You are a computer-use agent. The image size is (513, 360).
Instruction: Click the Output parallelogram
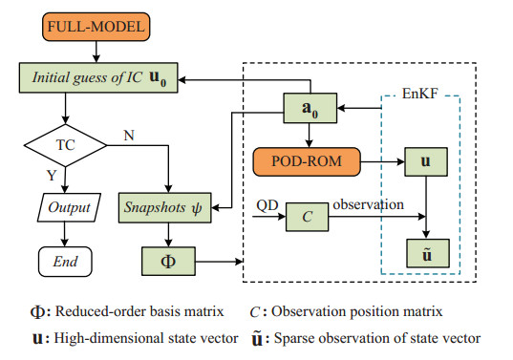(65, 205)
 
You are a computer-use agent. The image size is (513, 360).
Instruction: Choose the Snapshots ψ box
(167, 205)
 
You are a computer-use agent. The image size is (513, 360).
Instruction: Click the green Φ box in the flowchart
(167, 258)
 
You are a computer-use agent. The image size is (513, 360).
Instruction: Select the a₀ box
(311, 110)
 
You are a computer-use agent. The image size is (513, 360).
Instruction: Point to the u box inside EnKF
(425, 160)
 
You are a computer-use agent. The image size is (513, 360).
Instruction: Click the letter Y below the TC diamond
(52, 178)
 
